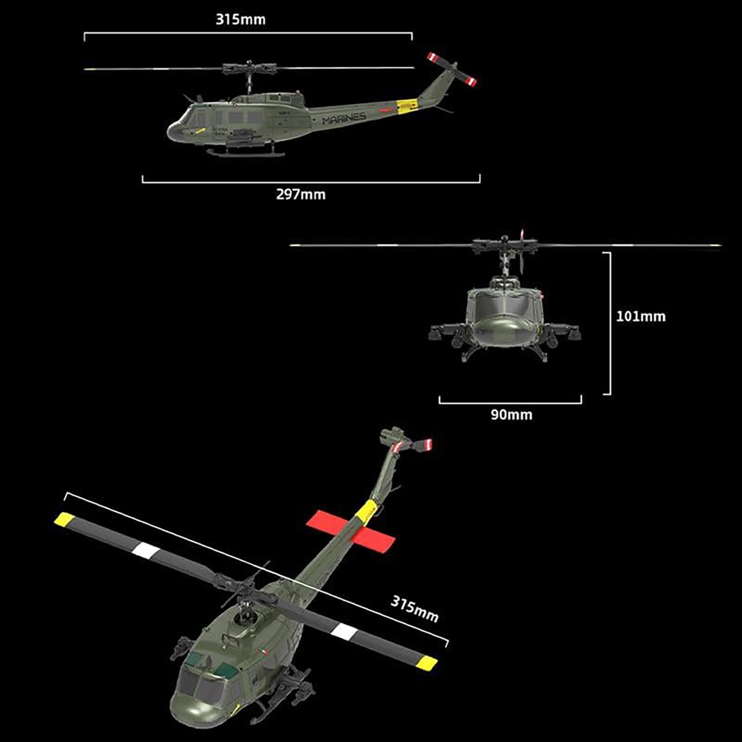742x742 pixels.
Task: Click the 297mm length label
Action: (301, 194)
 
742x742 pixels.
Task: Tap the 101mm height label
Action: (640, 316)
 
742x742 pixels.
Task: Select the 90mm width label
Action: (512, 415)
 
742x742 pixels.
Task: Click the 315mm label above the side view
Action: (240, 19)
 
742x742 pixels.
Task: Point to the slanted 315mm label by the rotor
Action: (414, 608)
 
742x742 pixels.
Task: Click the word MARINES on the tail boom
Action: (344, 118)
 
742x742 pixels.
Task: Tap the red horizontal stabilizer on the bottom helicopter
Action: (351, 531)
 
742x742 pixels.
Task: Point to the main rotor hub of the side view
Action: (249, 70)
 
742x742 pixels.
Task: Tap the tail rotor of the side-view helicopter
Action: (451, 70)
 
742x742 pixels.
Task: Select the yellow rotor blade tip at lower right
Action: (427, 663)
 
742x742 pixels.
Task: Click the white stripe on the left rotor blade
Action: (147, 550)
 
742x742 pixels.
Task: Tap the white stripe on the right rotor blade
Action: (345, 632)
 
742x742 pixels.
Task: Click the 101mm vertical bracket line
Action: (610, 323)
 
